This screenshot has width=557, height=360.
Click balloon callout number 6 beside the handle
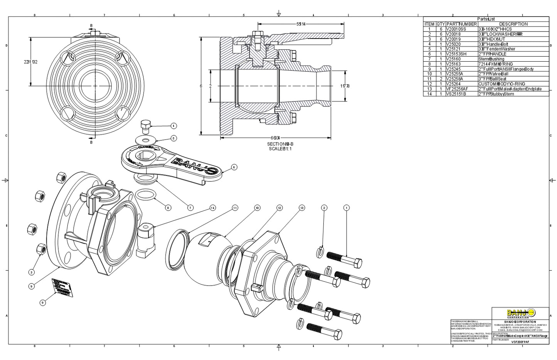click(234, 167)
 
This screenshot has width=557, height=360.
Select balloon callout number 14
click(212, 208)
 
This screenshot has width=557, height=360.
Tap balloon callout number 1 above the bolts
click(346, 208)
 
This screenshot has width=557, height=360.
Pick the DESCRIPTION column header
click(513, 24)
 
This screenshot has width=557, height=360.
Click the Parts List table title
click(486, 19)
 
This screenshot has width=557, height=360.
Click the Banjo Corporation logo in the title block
click(520, 313)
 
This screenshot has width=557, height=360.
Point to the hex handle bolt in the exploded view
click(145, 125)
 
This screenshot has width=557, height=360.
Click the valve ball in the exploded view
click(208, 258)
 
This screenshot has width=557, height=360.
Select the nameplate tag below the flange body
click(62, 288)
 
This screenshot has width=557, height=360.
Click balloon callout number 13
click(302, 208)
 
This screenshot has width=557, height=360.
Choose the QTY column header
click(440, 24)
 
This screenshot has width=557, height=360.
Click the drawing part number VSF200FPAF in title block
click(520, 342)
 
